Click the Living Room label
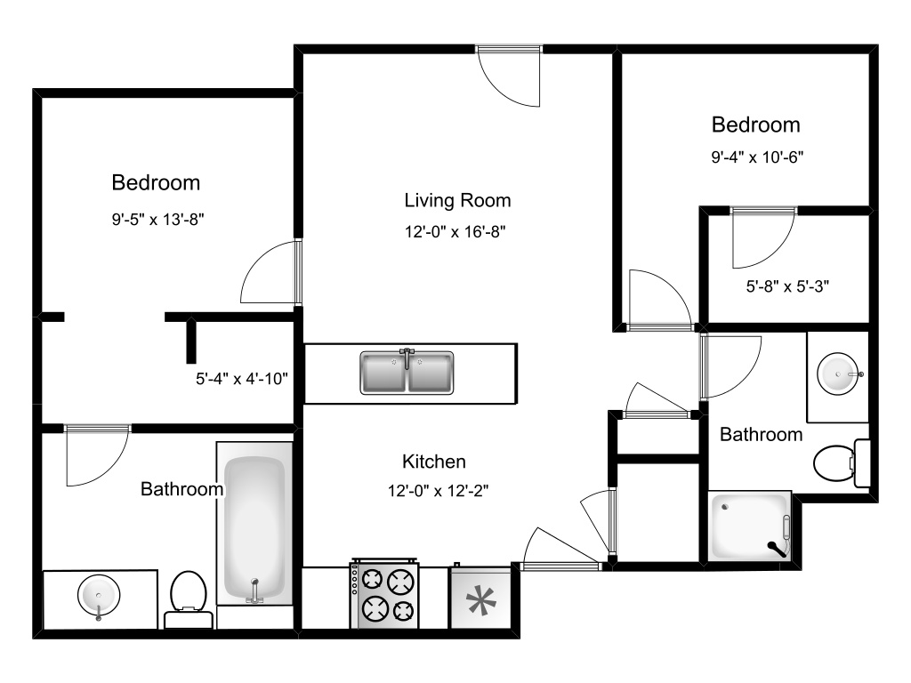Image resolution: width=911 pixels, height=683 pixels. click(457, 200)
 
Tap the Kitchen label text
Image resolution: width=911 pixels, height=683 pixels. click(434, 462)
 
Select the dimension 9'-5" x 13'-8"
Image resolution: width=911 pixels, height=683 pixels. click(156, 217)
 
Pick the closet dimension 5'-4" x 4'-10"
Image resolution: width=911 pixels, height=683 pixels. click(242, 378)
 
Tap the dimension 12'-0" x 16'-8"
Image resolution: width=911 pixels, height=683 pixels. click(457, 232)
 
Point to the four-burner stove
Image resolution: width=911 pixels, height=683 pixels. click(385, 595)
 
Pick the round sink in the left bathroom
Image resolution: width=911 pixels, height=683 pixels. click(97, 593)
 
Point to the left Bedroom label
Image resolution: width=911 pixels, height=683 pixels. click(156, 183)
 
